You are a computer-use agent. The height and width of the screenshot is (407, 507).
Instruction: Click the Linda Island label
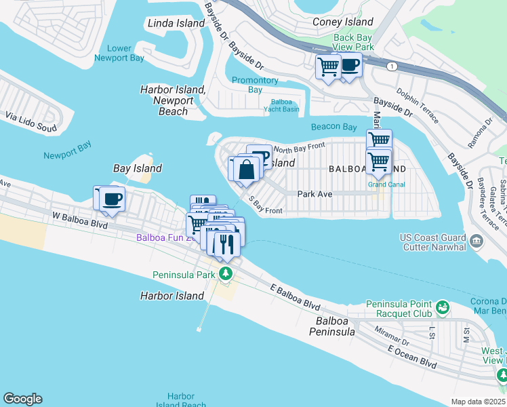176,23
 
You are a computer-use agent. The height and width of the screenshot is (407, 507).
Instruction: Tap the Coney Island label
343,22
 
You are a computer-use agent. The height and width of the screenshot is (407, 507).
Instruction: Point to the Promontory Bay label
255,85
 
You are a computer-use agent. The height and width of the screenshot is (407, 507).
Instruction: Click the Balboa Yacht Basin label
281,105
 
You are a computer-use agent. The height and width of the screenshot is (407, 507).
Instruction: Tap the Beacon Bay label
333,127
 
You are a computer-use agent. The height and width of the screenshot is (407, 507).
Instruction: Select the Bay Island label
137,168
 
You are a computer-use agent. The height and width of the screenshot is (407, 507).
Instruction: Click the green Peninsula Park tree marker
226,275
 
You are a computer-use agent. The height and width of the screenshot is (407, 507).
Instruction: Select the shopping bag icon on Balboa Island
247,170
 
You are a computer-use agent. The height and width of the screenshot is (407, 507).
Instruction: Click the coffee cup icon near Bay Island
112,199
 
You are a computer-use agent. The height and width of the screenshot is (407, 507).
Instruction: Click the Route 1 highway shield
391,66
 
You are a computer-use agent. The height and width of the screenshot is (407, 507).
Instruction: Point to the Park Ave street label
315,193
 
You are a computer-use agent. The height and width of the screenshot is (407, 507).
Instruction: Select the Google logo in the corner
22,399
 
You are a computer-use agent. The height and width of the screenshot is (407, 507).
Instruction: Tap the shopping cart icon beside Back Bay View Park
328,66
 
